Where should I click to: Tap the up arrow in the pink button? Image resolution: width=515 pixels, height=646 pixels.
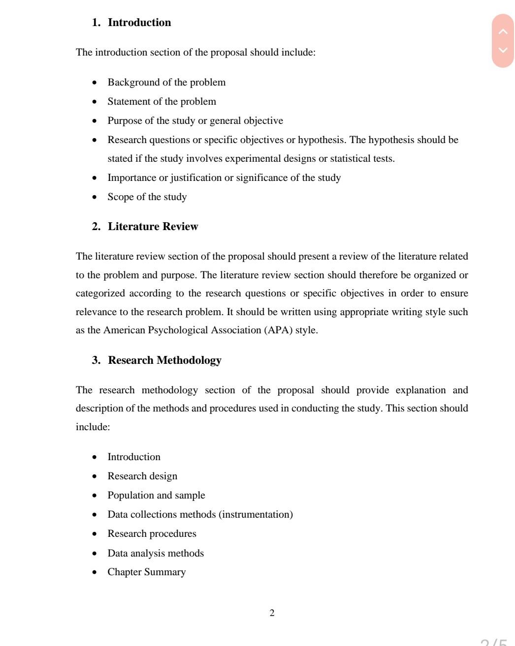pos(503,32)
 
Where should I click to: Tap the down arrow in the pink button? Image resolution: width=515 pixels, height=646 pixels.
pos(503,50)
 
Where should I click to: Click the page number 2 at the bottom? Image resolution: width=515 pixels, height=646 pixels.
pos(272,613)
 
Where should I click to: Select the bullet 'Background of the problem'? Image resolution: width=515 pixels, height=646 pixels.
pos(166,83)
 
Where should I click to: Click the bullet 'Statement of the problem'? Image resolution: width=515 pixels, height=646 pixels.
pos(161,102)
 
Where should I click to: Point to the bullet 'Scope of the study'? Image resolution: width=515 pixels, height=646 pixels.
pos(147,197)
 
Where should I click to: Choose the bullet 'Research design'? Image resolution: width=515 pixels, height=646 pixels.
pos(142,476)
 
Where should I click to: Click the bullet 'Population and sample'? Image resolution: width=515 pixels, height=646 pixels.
pos(156,496)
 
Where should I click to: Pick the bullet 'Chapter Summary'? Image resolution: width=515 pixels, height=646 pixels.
pos(146,572)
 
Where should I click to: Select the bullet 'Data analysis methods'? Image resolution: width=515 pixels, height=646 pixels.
pos(156,554)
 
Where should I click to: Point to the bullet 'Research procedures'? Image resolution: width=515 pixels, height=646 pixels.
pos(152,534)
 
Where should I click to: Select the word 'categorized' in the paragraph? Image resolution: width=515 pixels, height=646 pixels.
pos(100,294)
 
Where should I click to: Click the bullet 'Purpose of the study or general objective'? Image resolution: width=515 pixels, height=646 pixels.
pos(195,121)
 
